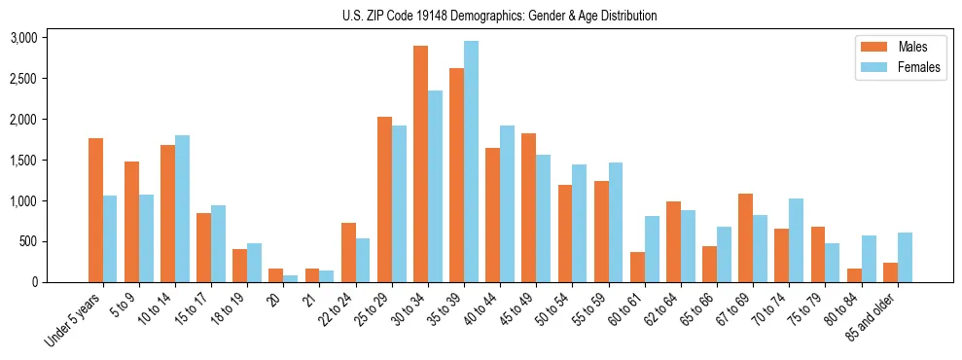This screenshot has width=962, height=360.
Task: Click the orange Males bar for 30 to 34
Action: (420, 163)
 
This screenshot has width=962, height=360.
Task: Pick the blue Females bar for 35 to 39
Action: (471, 162)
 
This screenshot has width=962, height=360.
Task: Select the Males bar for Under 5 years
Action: (95, 210)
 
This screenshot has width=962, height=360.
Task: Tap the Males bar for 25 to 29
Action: (384, 199)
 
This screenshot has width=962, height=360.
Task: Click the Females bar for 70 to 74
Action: (796, 240)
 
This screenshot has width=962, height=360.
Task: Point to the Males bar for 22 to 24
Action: (348, 252)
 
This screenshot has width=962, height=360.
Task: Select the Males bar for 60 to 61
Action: (637, 267)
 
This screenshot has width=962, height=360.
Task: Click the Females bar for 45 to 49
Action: (543, 218)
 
